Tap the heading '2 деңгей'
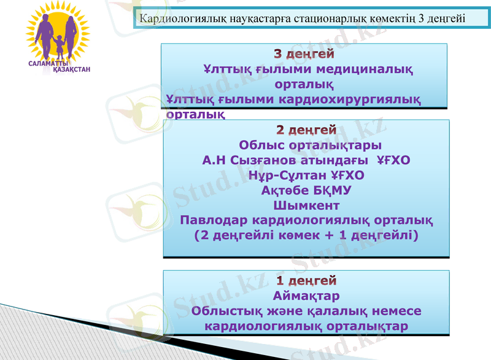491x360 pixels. (306, 130)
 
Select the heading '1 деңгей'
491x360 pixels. (306, 281)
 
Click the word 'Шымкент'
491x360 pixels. (306, 205)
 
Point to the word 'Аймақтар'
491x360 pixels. (306, 296)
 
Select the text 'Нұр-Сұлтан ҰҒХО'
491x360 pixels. (306, 175)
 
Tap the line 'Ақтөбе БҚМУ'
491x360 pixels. (306, 190)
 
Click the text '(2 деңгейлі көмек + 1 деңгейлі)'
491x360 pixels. (306, 235)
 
